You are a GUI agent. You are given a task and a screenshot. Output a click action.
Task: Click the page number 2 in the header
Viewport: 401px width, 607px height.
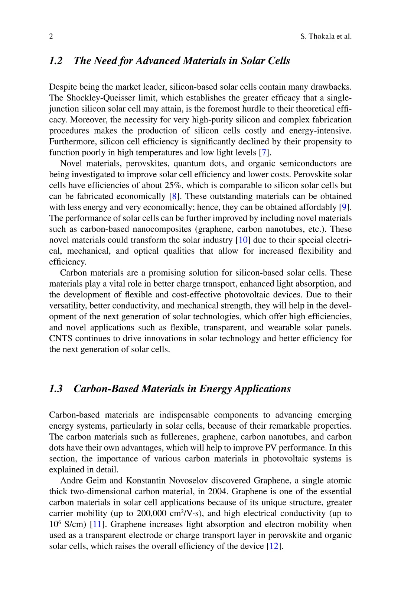pyautogui.click(x=51, y=36)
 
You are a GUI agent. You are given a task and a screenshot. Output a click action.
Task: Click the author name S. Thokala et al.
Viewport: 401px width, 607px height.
pyautogui.click(x=326, y=36)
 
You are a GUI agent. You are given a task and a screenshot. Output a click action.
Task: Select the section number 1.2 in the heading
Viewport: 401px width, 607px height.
pyautogui.click(x=56, y=61)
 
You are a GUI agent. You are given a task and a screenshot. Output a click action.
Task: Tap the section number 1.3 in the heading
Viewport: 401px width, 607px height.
pyautogui.click(x=56, y=389)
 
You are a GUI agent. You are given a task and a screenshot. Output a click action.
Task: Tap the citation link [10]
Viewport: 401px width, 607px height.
pyautogui.click(x=243, y=240)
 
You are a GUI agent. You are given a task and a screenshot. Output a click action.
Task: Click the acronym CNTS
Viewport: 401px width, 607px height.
pyautogui.click(x=61, y=339)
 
